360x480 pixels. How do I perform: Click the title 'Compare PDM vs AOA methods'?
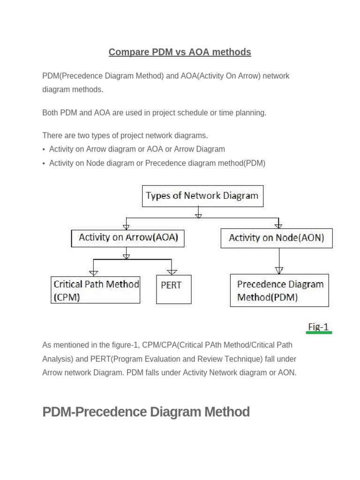(180, 52)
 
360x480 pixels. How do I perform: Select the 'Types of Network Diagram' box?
(202, 196)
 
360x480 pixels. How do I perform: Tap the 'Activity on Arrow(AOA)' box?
(128, 237)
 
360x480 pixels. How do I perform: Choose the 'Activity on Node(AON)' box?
(276, 238)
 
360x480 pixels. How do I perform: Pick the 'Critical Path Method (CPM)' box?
(95, 290)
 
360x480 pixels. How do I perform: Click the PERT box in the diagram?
(173, 289)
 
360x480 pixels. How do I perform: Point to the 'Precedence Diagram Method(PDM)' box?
(279, 291)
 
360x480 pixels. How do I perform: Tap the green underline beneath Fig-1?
(320, 333)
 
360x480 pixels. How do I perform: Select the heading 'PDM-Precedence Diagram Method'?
(146, 412)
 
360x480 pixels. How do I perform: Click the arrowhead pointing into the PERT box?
(172, 272)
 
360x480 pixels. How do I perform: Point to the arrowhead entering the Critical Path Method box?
(94, 272)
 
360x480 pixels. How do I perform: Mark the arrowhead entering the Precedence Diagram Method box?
(279, 270)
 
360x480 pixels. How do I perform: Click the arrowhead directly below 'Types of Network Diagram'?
(198, 215)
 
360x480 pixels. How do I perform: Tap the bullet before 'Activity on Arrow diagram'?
(44, 150)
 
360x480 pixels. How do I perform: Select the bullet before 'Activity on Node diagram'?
(44, 164)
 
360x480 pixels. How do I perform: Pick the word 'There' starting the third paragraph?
(52, 135)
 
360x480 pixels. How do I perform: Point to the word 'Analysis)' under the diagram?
(58, 359)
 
